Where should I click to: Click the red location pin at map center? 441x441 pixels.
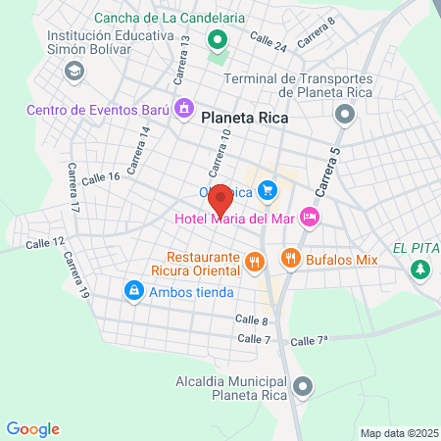[220, 199]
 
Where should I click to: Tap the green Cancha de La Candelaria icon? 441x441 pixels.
[216, 41]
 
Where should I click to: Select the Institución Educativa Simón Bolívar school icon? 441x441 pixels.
[73, 71]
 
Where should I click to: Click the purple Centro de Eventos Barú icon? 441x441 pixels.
[182, 109]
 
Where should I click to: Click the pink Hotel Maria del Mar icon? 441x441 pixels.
[310, 218]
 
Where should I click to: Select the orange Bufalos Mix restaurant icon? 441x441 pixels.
[289, 259]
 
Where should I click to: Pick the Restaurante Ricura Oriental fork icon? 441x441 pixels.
[254, 261]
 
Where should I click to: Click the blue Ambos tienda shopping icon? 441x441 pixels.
[132, 290]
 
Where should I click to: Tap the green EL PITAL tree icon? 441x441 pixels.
[421, 268]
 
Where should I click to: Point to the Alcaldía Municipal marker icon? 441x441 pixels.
[304, 387]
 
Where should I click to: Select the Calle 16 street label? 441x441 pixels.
[100, 178]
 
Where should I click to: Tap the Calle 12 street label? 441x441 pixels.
[45, 242]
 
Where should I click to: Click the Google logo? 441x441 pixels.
[32, 428]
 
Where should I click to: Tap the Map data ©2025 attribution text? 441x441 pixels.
[397, 432]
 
